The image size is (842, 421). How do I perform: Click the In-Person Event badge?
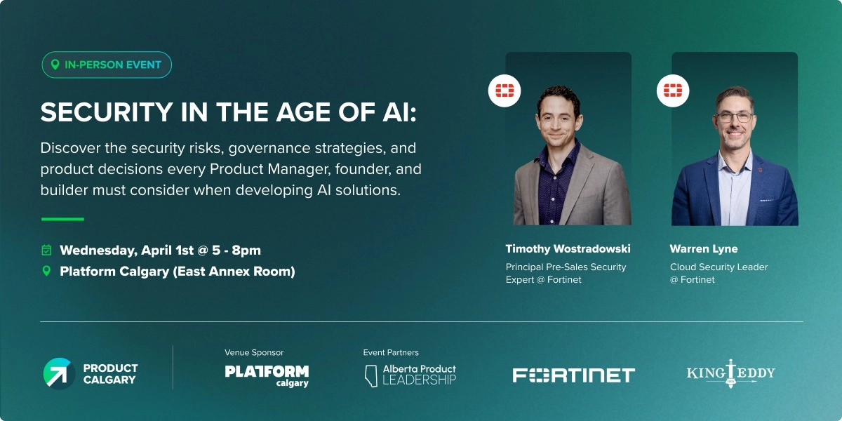pos(106,65)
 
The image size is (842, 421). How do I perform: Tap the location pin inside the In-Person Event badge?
pos(55,65)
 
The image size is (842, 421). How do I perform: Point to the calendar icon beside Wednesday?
pos(46,250)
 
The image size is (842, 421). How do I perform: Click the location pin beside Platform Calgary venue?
pos(46,271)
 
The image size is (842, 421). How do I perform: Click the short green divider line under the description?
pos(62,219)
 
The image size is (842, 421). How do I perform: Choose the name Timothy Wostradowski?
pos(568,249)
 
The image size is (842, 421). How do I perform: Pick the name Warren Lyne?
pos(704,249)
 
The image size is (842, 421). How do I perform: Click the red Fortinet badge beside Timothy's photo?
pos(504,91)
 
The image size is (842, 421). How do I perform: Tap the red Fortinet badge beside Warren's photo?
pos(673,91)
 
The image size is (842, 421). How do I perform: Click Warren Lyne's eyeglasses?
pos(735,117)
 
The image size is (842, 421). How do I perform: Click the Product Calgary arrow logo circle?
pos(59,373)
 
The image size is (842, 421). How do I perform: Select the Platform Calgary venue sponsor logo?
pos(267,374)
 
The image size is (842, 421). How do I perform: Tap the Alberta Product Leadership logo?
pos(410,374)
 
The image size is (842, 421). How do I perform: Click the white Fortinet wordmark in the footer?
pos(573,375)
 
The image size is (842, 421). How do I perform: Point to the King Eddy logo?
pos(730,373)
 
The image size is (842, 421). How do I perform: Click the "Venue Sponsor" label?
pos(254,352)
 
